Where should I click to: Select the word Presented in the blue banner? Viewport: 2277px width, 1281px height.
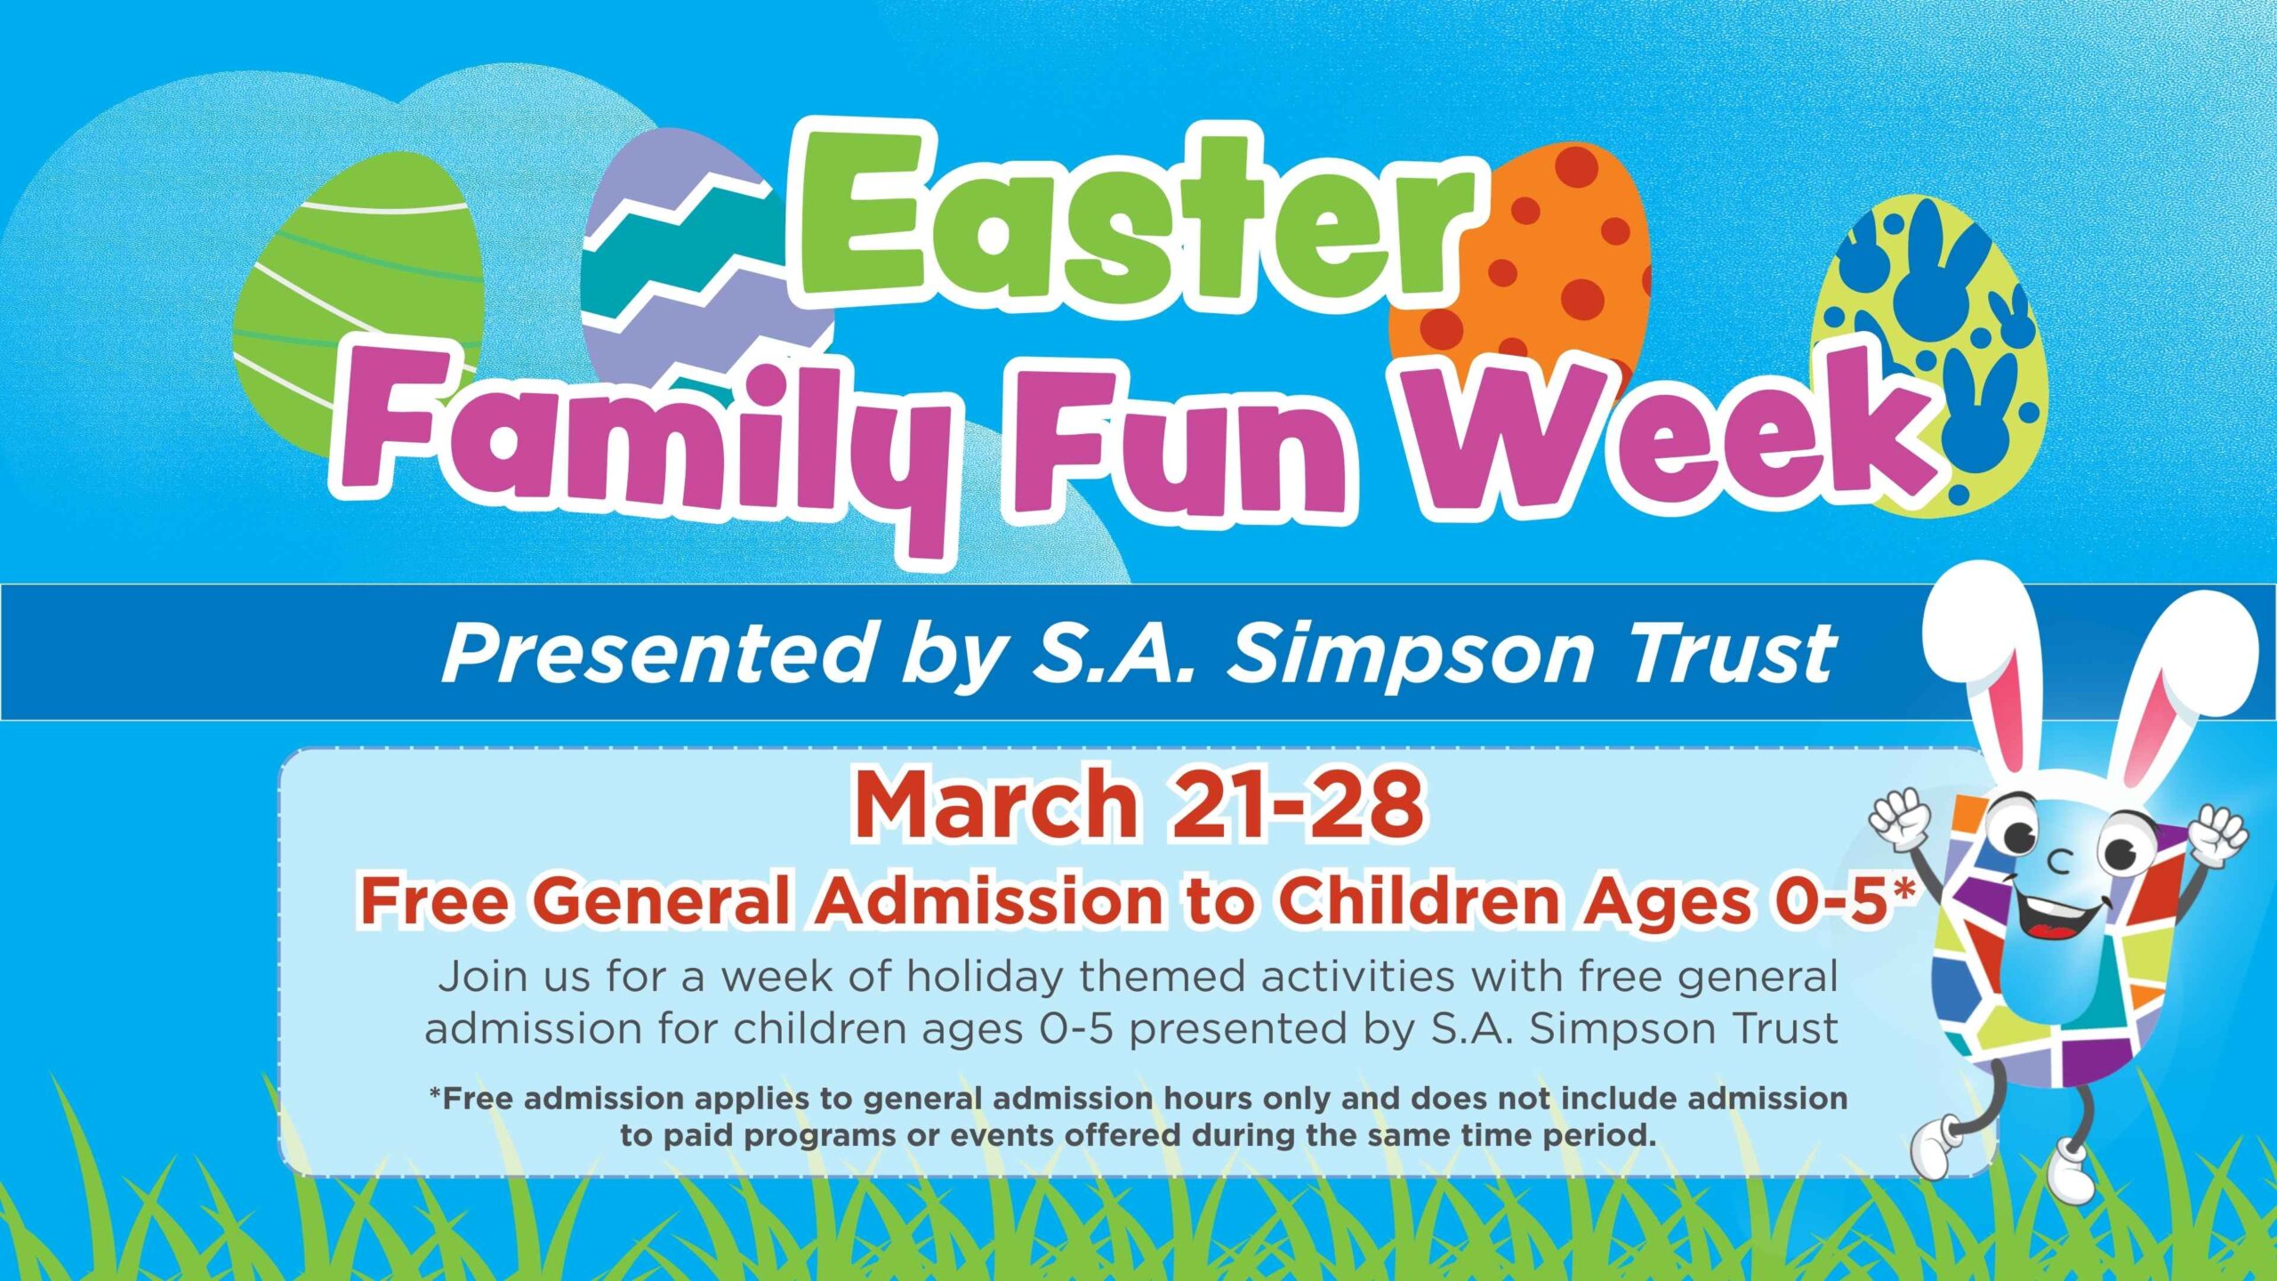pos(656,654)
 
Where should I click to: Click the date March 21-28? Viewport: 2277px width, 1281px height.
pos(1138,805)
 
